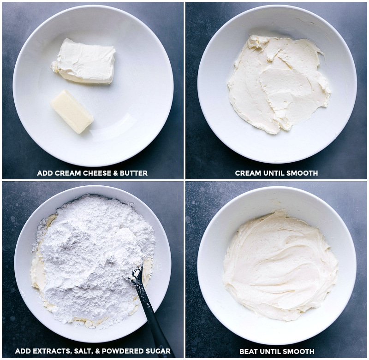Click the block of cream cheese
pos(83,61)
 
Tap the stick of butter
pos(72,112)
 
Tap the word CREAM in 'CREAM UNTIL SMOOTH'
pos(248,173)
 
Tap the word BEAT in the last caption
pos(249,352)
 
